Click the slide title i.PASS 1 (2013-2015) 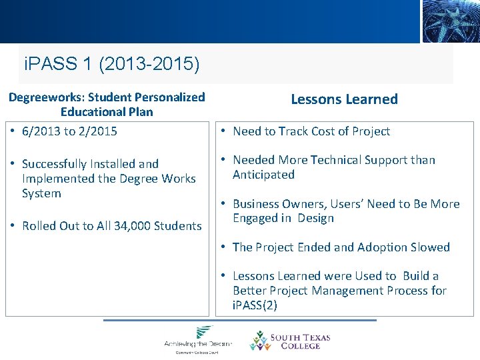[111, 65]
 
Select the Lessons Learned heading [344, 99]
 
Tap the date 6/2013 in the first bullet [41, 131]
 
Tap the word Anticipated [263, 175]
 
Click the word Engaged [257, 218]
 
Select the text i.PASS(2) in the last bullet [255, 305]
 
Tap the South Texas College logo [290, 341]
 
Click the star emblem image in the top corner [451, 21]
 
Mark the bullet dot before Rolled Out [13, 226]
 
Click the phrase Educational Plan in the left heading [107, 112]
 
